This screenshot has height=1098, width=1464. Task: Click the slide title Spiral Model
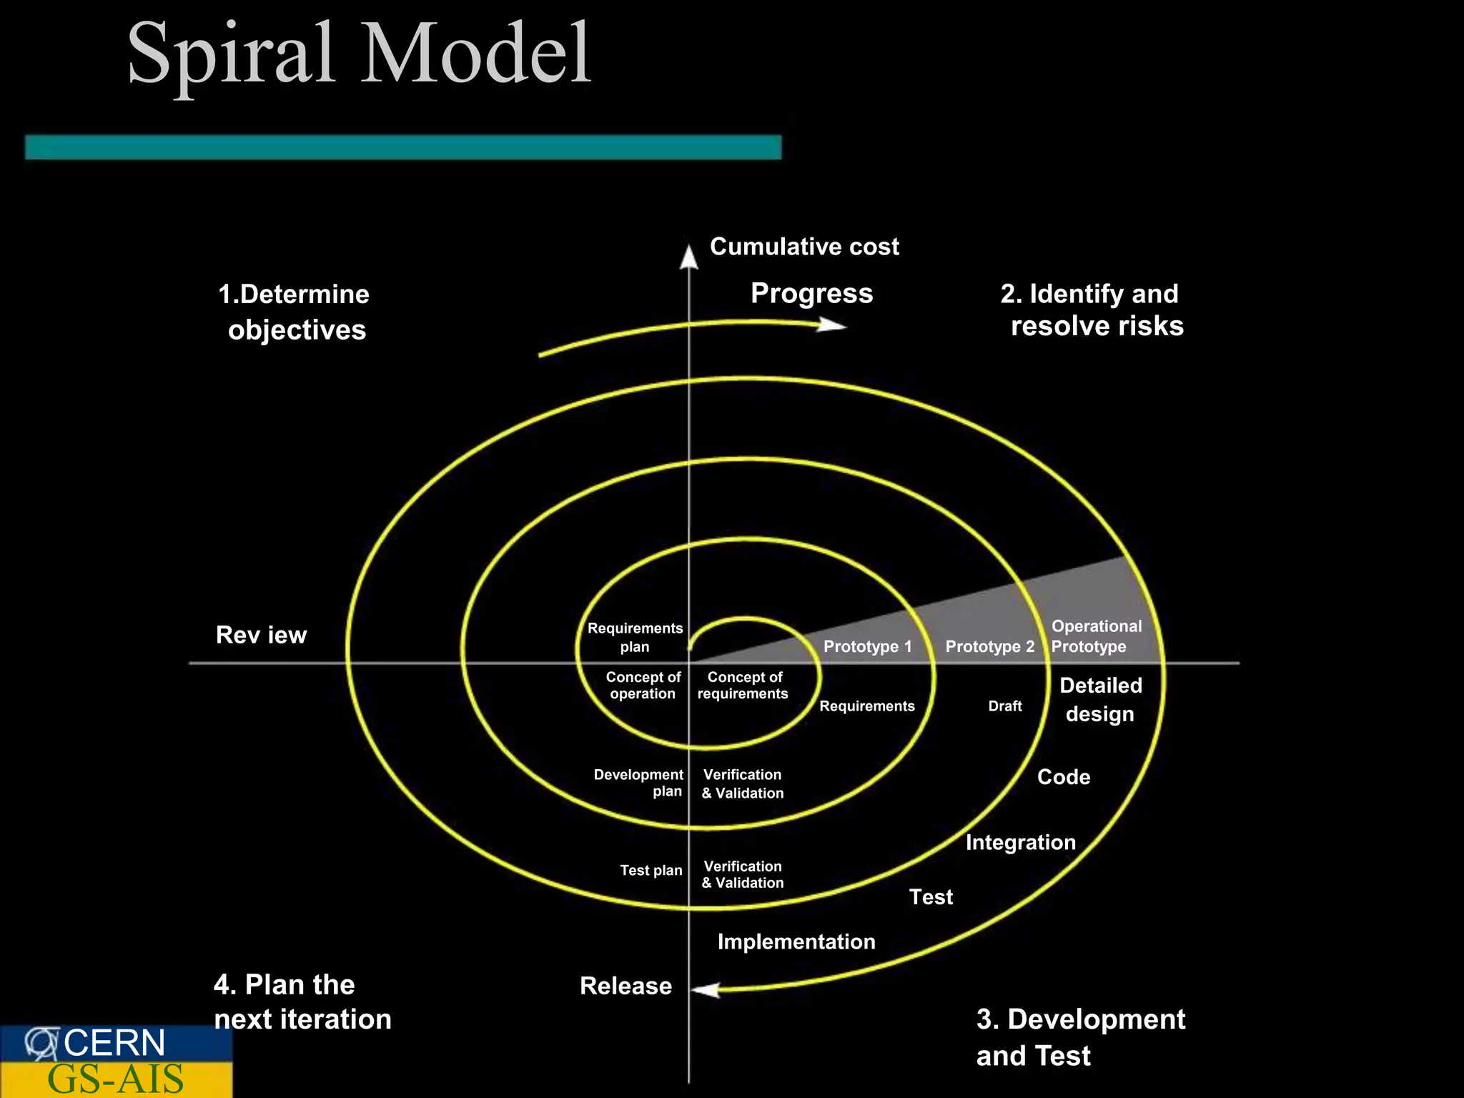359,54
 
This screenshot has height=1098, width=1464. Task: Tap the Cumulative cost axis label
804,247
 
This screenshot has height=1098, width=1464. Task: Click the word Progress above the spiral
811,293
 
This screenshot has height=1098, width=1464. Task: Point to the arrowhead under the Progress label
834,325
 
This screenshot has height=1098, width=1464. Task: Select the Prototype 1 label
867,646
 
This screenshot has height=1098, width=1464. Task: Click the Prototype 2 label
989,646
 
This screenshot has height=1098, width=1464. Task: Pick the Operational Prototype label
1096,636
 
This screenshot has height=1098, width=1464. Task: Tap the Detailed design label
1100,699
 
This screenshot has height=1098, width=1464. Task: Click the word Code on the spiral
1064,777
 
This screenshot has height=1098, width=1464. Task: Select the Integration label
1020,842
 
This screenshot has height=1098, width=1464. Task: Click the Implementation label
796,941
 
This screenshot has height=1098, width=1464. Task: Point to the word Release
625,986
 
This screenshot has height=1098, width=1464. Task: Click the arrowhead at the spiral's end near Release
706,990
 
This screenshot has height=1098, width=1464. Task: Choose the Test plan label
651,870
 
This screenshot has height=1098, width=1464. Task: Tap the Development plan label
638,783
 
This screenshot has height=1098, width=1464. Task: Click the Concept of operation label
643,685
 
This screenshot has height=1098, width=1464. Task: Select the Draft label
1004,706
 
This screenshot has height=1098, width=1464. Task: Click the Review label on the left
261,635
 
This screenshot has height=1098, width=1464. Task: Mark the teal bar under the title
403,147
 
